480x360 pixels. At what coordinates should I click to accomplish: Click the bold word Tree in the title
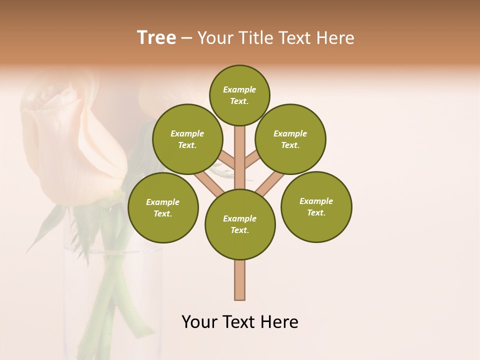156,37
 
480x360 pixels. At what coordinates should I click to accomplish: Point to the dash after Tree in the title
186,38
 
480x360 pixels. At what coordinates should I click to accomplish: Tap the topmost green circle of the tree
239,95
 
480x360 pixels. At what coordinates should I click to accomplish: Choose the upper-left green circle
187,139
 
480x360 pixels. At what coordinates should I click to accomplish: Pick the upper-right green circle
290,139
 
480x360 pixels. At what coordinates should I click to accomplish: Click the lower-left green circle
163,207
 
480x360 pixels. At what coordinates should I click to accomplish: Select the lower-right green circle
316,206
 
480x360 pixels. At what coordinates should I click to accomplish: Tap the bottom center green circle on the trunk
240,224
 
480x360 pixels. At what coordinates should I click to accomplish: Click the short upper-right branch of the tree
251,160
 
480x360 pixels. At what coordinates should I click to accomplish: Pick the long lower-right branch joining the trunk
270,183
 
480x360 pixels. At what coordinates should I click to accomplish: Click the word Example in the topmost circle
239,89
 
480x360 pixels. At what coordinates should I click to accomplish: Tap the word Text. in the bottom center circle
239,230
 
